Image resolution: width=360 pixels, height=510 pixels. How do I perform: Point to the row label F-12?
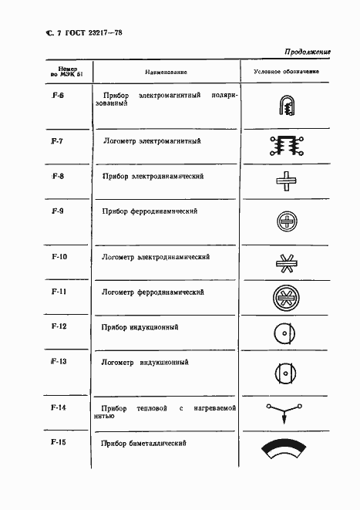click(x=59, y=326)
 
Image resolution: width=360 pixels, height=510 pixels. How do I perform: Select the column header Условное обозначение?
click(x=286, y=72)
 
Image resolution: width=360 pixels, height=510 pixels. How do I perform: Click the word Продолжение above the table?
click(x=308, y=52)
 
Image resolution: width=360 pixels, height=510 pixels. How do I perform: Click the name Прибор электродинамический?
click(x=153, y=176)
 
